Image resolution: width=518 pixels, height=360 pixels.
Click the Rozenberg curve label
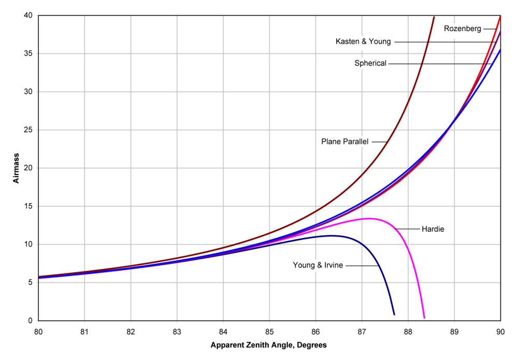[x=463, y=28]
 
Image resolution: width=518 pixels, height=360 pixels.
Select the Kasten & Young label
[x=363, y=41]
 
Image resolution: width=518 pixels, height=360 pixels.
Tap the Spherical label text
[x=370, y=63]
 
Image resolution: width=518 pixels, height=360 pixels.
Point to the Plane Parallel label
[x=344, y=141]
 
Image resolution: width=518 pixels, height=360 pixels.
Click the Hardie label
[x=433, y=228]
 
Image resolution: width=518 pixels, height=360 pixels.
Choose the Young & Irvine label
[x=318, y=265]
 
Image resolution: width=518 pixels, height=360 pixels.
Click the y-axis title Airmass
[x=16, y=168]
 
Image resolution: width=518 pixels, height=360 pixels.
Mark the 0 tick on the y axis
[x=31, y=321]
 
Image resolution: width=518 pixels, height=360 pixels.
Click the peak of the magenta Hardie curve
[x=368, y=218]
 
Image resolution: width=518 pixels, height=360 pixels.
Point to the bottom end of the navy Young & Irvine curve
[x=394, y=314]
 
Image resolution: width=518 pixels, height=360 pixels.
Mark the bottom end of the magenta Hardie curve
[x=424, y=318]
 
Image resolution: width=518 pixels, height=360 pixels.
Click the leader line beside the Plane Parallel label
[x=379, y=141]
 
